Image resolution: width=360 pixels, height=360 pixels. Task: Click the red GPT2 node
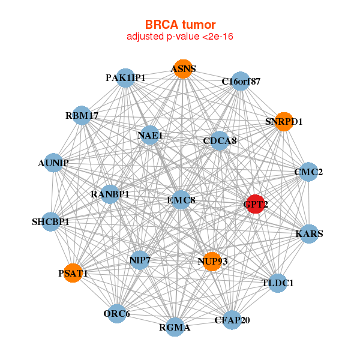click(256, 204)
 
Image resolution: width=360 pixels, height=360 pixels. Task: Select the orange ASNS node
click(183, 69)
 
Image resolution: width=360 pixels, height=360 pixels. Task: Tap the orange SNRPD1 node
click(284, 122)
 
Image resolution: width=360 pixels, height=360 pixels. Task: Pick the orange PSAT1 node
click(73, 273)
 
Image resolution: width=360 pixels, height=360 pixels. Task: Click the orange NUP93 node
click(211, 262)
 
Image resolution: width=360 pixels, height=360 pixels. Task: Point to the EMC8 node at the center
click(181, 200)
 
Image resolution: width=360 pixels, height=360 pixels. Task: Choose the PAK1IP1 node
click(125, 78)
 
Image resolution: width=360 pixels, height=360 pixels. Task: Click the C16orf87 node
click(241, 81)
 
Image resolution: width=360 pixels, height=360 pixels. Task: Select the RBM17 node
click(82, 115)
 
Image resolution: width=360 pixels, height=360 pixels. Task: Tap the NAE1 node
click(150, 136)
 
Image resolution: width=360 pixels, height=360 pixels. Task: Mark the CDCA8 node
click(220, 141)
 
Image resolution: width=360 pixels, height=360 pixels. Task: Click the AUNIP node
click(53, 163)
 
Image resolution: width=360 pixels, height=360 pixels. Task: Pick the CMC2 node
click(308, 172)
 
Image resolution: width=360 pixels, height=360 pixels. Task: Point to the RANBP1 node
click(110, 194)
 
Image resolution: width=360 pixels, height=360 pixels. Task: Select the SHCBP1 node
click(51, 222)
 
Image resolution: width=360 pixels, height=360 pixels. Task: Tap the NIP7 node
click(139, 260)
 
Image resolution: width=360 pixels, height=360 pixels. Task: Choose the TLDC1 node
click(278, 283)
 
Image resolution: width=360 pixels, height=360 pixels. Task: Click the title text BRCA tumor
click(180, 25)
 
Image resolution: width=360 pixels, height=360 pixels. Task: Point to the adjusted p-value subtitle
click(180, 37)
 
